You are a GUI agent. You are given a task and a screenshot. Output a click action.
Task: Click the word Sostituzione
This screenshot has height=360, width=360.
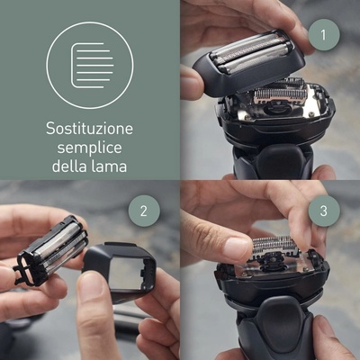point(89,129)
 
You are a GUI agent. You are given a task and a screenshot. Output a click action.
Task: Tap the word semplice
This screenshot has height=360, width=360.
point(89,148)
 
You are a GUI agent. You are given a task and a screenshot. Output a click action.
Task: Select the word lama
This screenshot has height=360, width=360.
point(110,166)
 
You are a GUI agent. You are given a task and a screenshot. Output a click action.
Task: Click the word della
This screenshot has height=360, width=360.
point(70,166)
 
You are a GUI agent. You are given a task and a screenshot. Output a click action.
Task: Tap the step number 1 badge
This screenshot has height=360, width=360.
point(323,35)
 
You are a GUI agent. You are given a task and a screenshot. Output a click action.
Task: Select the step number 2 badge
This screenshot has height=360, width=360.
point(144,211)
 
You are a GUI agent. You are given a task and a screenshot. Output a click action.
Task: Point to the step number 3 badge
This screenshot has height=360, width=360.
point(323,211)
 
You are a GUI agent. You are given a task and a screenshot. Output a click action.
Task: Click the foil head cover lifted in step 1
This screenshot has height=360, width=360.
point(248,61)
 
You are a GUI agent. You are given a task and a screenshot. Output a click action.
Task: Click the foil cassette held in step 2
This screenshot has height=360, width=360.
point(51,249)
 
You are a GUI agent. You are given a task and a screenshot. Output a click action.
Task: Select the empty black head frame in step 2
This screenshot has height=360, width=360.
point(120,268)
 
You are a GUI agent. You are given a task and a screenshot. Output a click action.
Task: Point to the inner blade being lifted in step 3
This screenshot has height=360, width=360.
point(274,247)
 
